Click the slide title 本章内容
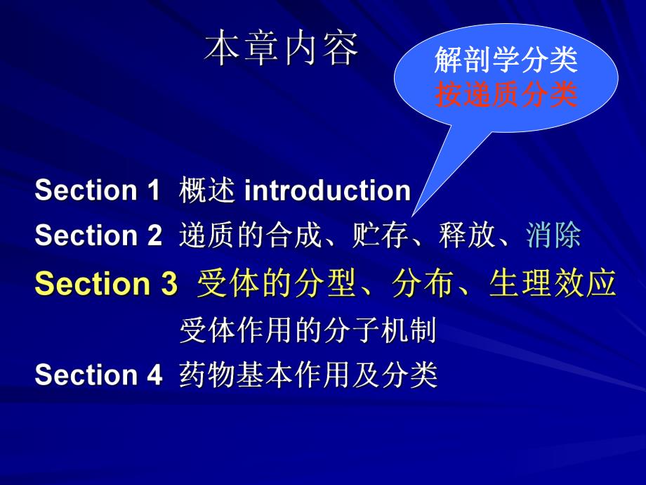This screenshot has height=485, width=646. coord(282,50)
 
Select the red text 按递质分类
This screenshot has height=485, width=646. coord(506,94)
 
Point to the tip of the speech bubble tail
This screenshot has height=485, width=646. coord(414,215)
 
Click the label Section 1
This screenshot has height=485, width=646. coord(98,190)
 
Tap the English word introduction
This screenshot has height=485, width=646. coord(327,190)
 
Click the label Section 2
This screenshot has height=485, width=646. coord(98,236)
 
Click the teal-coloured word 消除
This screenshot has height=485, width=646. coord(553,236)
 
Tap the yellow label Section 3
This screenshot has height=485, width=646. coord(106,283)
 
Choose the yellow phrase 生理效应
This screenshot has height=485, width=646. coord(553,283)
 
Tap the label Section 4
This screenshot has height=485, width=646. coord(98,375)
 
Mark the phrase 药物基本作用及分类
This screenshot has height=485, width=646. coord(308,375)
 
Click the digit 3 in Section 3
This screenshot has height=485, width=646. coord(167,283)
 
